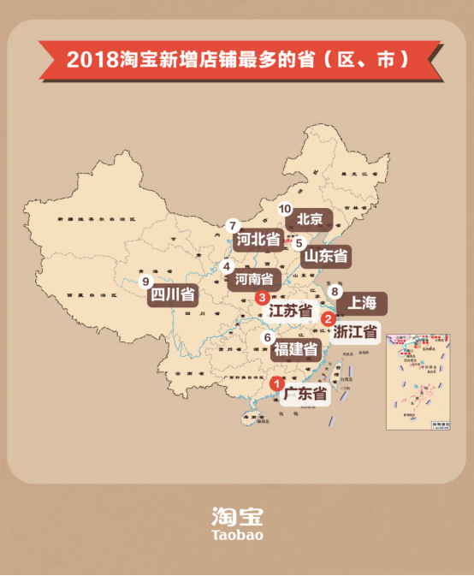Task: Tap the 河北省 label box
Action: click(x=259, y=240)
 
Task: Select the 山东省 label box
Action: click(x=325, y=256)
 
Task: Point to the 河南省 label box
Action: click(x=254, y=279)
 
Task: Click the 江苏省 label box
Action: click(x=290, y=312)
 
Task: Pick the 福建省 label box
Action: click(x=296, y=350)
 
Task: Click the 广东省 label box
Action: click(x=305, y=395)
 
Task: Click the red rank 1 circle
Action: click(x=276, y=384)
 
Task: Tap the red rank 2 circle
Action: click(x=327, y=319)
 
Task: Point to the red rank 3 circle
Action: click(x=262, y=297)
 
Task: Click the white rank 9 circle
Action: click(x=146, y=281)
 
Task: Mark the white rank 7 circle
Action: click(x=233, y=226)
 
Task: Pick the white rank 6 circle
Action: click(x=268, y=337)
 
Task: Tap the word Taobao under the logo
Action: click(x=237, y=535)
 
